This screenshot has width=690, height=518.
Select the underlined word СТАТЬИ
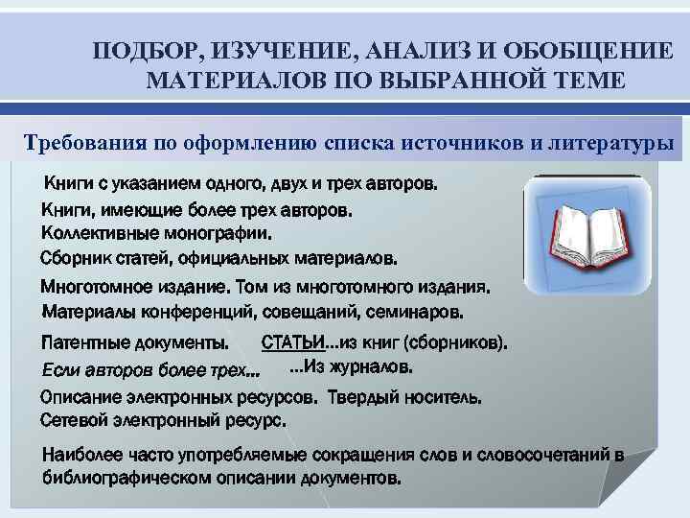point(293,342)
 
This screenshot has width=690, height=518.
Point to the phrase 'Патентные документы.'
point(134,343)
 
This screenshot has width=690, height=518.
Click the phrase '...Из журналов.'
point(352,367)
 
